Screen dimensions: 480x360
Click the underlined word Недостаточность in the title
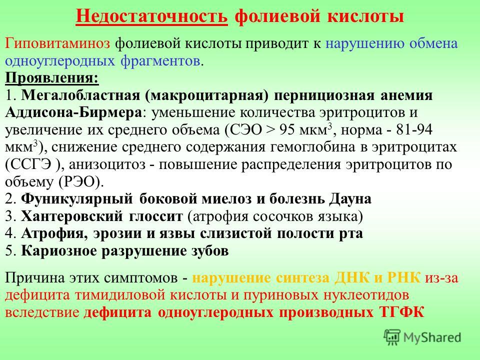click(151, 15)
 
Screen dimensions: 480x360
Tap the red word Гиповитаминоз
click(57, 43)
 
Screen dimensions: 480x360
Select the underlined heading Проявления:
click(52, 78)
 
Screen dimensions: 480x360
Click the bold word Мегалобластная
click(80, 95)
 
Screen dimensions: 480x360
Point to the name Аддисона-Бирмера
click(73, 112)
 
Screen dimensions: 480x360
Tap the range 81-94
click(414, 130)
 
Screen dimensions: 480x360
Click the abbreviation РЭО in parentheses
click(80, 182)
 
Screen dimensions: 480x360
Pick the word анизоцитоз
click(107, 164)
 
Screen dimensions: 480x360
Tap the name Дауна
click(350, 199)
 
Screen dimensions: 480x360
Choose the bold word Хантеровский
click(72, 216)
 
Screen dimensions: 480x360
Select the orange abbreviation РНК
click(404, 277)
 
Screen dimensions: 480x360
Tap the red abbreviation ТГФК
click(402, 312)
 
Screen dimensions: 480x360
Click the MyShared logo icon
click(392, 337)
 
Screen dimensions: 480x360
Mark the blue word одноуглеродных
click(60, 61)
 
